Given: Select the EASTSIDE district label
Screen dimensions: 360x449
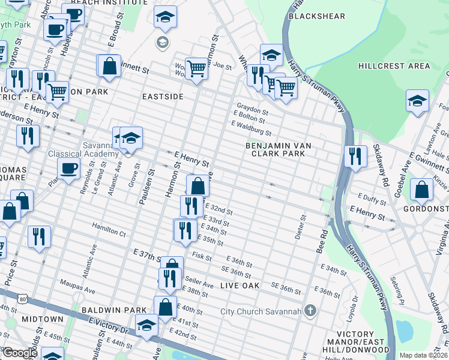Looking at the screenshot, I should click(162, 96).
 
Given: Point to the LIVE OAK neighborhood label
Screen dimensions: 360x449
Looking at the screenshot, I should click(240, 286).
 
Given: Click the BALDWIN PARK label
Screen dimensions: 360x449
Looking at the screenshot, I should click(115, 310).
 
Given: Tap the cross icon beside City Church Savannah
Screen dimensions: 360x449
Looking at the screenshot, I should click(310, 310).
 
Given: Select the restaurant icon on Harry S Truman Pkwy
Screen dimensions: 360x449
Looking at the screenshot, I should click(355, 156).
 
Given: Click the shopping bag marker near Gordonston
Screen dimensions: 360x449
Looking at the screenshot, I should click(422, 190).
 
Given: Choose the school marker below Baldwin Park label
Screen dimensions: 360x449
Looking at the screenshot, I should click(146, 325).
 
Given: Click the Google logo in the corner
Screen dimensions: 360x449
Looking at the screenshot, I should click(20, 353).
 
